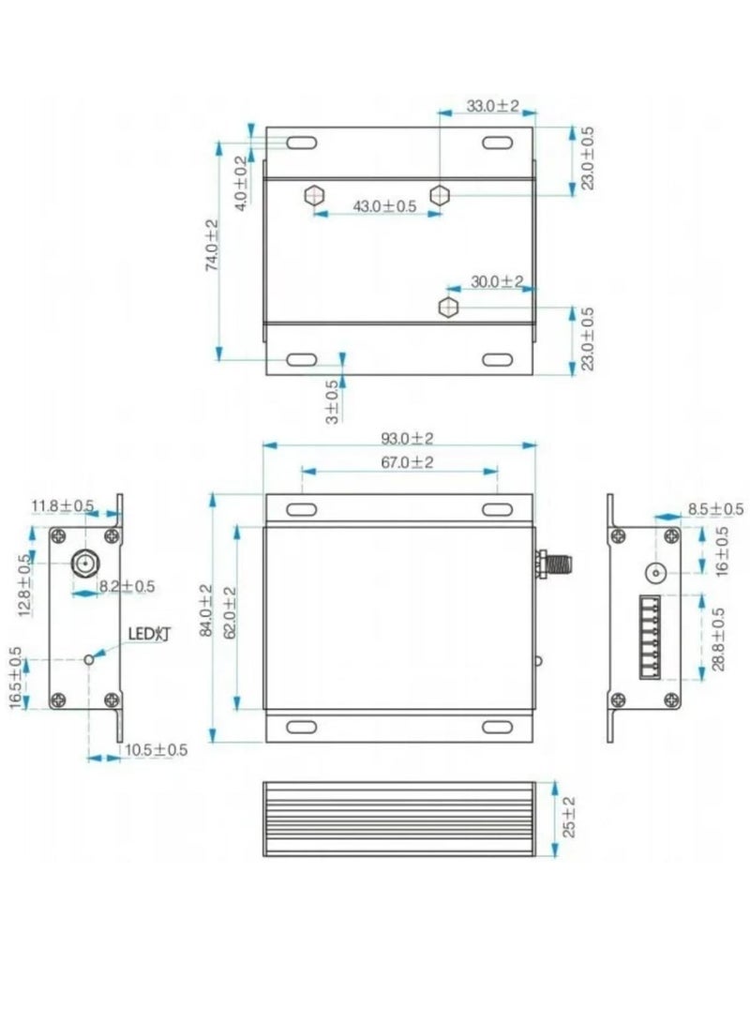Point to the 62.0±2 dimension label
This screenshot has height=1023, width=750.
coord(229,610)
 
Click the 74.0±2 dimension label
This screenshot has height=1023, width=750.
coord(212,246)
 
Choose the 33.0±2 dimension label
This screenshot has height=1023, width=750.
coord(492,107)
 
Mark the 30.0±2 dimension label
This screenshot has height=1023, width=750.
coord(496,281)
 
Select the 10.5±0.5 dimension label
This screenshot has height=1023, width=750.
coord(157,749)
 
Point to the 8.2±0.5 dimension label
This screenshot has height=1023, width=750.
coord(125,586)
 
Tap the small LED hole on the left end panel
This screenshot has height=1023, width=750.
coord(89,658)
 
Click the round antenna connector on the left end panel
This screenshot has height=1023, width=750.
coord(84,564)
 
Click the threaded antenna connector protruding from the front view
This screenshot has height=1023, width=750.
coord(554,564)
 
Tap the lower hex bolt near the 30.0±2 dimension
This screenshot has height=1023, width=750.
coord(448,307)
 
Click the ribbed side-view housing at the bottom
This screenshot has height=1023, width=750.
coord(399,819)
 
